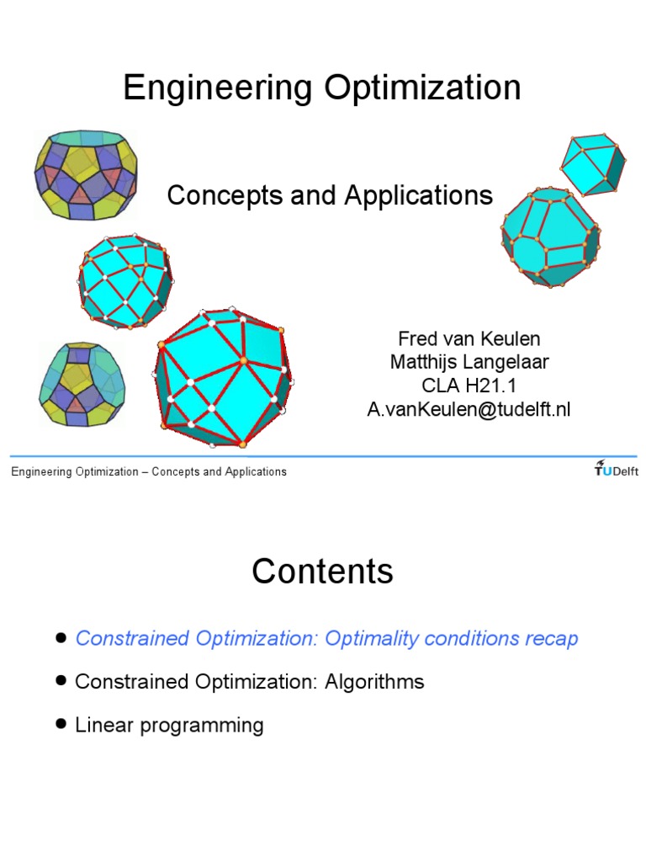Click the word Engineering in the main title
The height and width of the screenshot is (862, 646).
[218, 88]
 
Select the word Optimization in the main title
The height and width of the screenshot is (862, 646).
[422, 88]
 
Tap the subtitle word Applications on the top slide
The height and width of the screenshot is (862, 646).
[418, 195]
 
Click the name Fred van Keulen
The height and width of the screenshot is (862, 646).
[469, 338]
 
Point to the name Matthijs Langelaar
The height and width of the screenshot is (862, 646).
[469, 362]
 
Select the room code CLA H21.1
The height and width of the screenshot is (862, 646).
[469, 386]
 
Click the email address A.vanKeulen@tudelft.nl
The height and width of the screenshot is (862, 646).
[469, 410]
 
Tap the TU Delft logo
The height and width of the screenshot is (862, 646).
[616, 468]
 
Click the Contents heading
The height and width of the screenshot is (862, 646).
[322, 572]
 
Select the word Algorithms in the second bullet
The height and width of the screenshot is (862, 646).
[374, 682]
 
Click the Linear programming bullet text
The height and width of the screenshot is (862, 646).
[169, 725]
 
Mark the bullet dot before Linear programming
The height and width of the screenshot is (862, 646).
[61, 723]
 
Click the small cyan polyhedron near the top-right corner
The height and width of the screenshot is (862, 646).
[593, 164]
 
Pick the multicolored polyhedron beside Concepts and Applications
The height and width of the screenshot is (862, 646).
[86, 175]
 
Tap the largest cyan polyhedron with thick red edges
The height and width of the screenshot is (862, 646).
[222, 378]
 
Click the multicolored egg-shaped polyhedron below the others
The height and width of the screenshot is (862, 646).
[82, 384]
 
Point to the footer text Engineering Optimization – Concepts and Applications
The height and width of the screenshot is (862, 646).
[149, 471]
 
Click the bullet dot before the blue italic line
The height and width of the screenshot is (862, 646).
[61, 638]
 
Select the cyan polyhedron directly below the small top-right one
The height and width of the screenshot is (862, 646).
[550, 237]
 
